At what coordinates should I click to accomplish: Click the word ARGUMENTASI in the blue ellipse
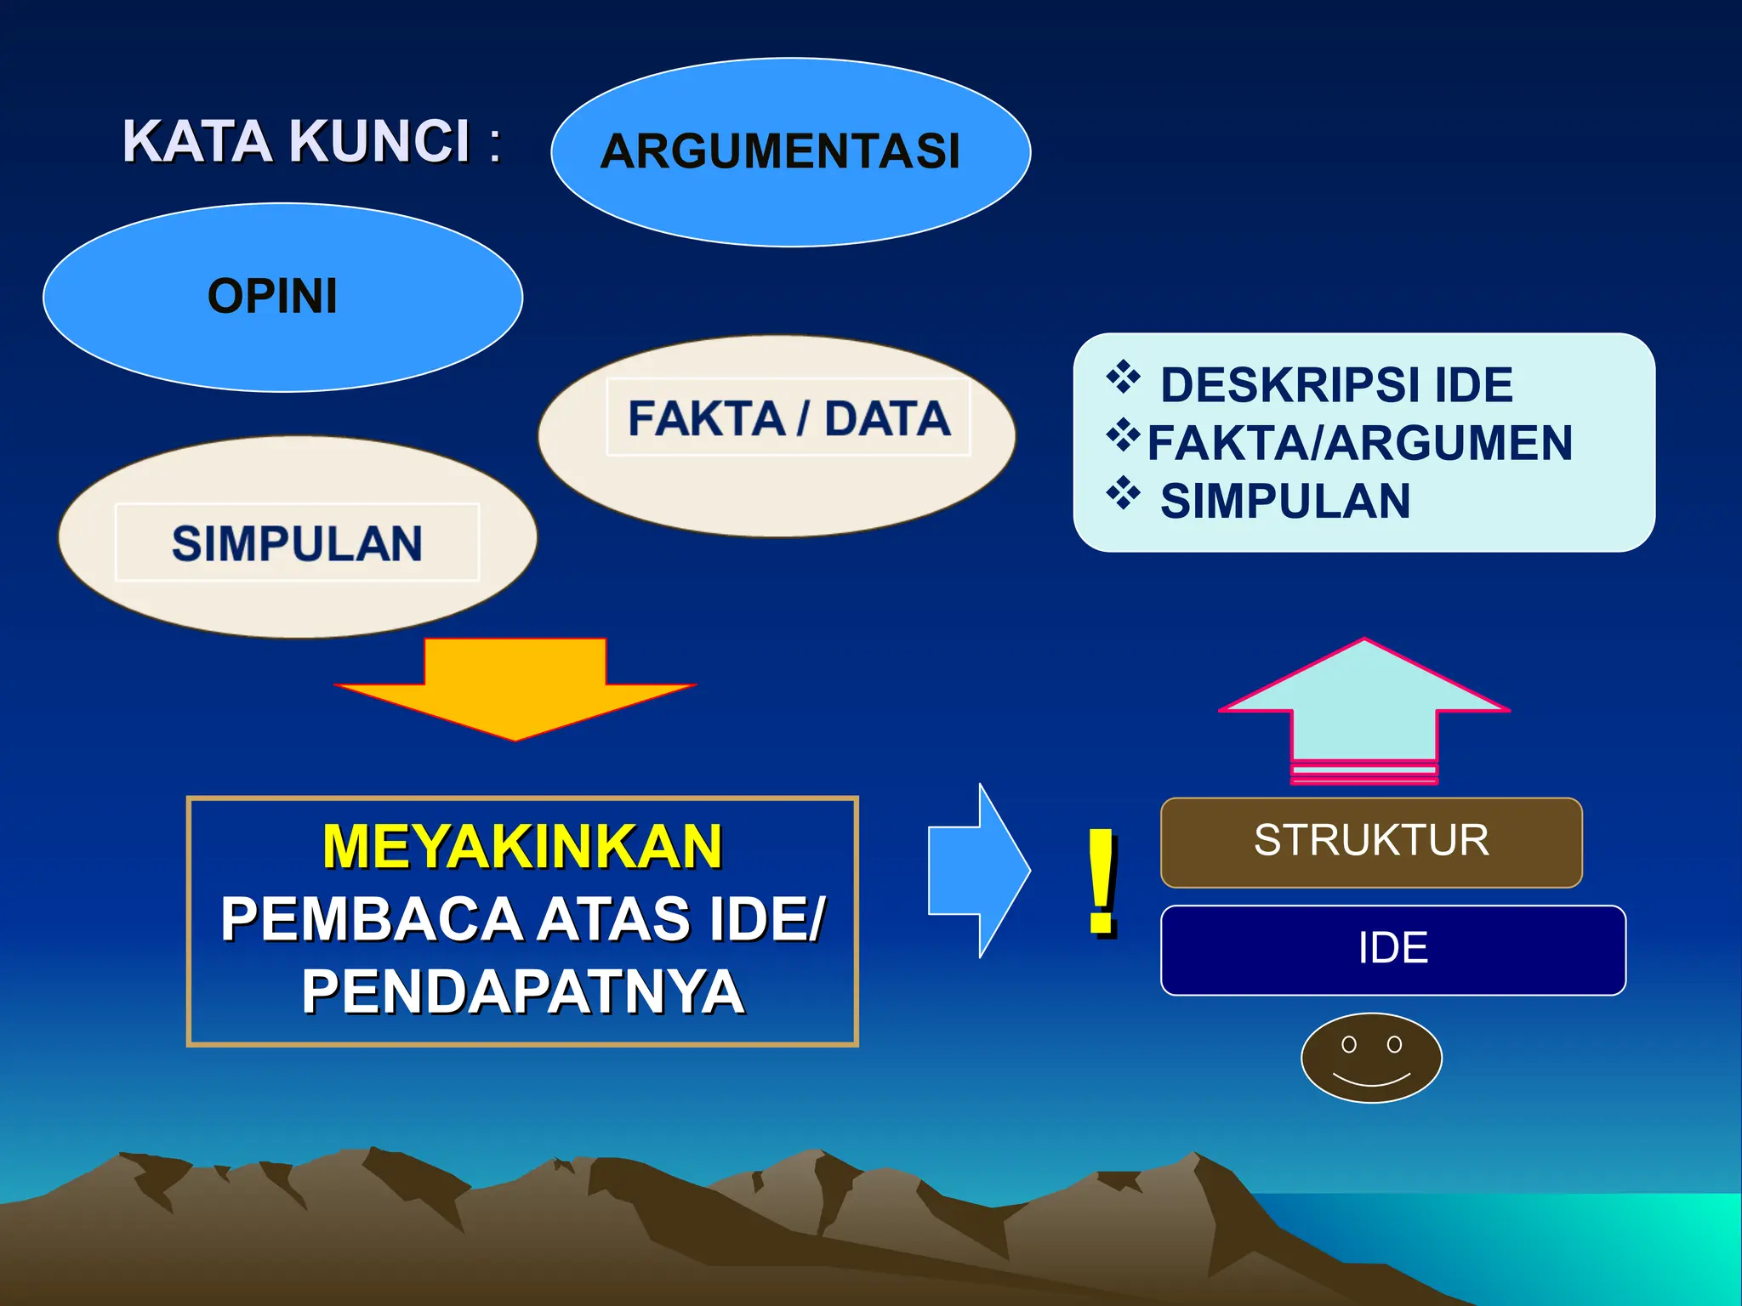point(780,151)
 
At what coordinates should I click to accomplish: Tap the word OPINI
point(272,296)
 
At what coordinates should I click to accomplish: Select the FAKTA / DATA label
point(788,418)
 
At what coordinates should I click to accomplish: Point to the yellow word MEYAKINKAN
point(522,847)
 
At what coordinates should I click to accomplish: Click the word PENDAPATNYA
point(522,991)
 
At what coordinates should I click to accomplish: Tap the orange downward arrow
point(515,688)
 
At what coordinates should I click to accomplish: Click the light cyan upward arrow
point(1364,706)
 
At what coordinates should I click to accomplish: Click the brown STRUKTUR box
point(1371,842)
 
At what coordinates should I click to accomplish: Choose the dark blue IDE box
point(1393,949)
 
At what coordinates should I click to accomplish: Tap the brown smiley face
point(1371,1058)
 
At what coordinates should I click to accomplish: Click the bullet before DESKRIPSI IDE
point(1123,378)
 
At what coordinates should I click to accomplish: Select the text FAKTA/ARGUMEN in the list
point(1360,443)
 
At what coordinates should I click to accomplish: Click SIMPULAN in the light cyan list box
point(1285,501)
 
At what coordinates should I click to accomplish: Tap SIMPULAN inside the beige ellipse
point(297,543)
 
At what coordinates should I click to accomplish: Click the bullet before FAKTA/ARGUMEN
point(1123,435)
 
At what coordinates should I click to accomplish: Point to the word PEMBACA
point(371,919)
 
